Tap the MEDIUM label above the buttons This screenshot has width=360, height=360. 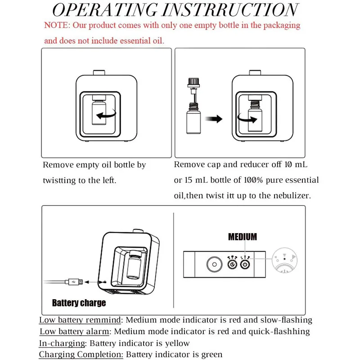(x=242, y=236)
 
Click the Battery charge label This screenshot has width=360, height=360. (x=79, y=302)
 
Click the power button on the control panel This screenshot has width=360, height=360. (x=245, y=264)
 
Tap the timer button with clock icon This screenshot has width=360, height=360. (x=232, y=264)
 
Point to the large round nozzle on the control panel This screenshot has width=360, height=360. (x=214, y=264)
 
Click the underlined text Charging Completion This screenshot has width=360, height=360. (x=81, y=354)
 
